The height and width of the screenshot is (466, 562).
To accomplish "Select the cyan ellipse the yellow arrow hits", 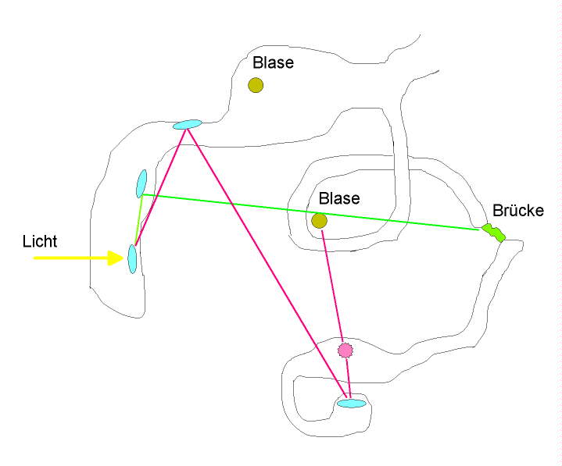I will (x=132, y=259).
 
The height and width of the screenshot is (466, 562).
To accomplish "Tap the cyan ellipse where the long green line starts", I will (x=141, y=183).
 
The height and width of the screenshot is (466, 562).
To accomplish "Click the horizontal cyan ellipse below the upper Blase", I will (x=187, y=124).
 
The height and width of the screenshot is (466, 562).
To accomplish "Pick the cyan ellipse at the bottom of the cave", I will (x=351, y=404).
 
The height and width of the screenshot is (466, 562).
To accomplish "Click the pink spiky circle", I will (x=345, y=350).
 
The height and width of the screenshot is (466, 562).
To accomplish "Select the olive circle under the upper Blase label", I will (x=256, y=85).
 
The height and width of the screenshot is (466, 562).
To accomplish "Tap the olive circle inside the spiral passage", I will (x=319, y=221).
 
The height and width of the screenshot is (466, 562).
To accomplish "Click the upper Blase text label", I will (x=273, y=63).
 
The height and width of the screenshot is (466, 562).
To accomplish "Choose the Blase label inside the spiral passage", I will (x=338, y=199).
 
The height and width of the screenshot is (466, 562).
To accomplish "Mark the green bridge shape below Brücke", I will (x=493, y=232).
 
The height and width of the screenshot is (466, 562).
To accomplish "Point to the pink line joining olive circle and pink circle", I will (x=331, y=284).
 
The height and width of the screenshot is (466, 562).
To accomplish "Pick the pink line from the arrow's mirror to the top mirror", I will (x=161, y=187).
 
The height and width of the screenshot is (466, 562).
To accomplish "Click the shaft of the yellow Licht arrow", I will (x=70, y=258).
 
